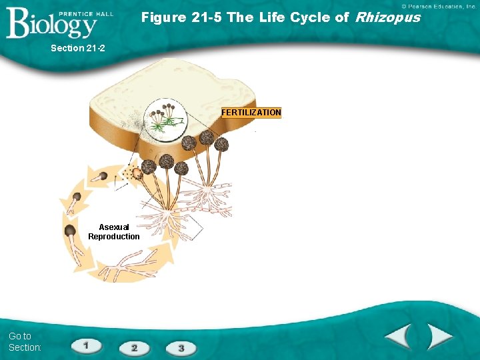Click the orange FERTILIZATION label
click(251, 113)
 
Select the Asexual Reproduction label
click(114, 232)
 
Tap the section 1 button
click(87, 345)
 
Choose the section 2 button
click(134, 347)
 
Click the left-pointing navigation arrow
click(397, 337)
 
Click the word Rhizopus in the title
click(388, 17)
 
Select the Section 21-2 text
click(78, 48)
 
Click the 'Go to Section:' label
click(25, 341)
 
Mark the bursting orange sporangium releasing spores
click(137, 173)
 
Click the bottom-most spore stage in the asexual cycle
click(70, 232)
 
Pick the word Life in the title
click(275, 17)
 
